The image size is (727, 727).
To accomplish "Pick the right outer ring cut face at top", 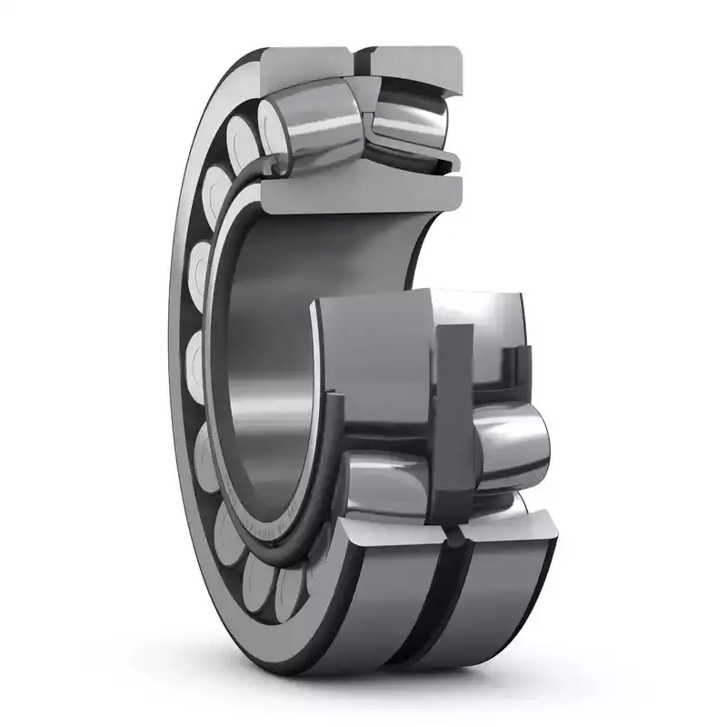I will click(x=413, y=62).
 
